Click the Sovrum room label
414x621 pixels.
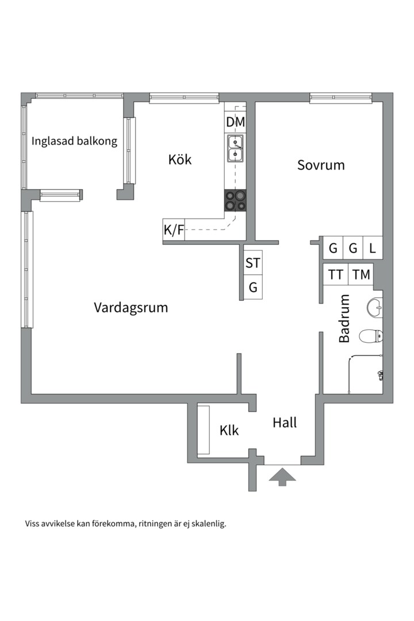click(x=321, y=165)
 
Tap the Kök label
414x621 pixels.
click(x=180, y=159)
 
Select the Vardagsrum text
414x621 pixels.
click(x=131, y=308)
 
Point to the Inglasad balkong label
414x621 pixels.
click(x=74, y=141)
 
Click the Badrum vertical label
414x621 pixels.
click(x=344, y=319)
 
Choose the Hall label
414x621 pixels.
click(x=285, y=423)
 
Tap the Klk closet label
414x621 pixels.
click(x=229, y=430)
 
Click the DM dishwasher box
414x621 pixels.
click(x=235, y=122)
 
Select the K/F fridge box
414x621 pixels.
click(x=174, y=231)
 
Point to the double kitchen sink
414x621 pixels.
click(x=235, y=148)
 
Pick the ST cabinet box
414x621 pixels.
click(x=253, y=263)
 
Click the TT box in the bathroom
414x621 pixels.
click(x=335, y=275)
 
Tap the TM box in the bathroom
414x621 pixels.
click(x=361, y=275)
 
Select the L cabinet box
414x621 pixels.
click(x=373, y=248)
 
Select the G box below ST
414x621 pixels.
click(x=253, y=287)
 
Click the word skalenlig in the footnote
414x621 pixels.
click(x=207, y=524)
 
